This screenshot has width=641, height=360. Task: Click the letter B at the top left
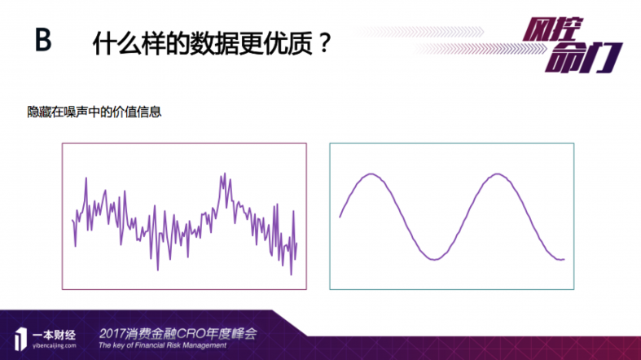click(42, 41)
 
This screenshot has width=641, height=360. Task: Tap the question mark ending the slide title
click(323, 43)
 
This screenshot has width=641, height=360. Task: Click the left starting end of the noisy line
click(72, 220)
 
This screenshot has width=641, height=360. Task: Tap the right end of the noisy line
click(296, 243)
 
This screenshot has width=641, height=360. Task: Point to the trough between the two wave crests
click(434, 260)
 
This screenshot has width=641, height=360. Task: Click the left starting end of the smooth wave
click(340, 217)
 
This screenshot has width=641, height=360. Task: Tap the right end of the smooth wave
click(564, 259)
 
